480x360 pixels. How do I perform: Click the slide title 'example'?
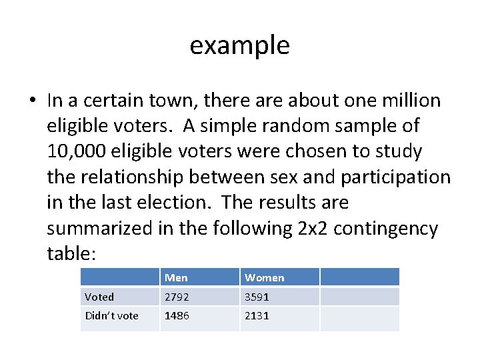pyautogui.click(x=239, y=45)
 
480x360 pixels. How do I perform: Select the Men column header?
pyautogui.click(x=176, y=277)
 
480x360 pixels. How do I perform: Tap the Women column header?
pyautogui.click(x=264, y=277)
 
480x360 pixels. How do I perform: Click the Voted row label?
pyautogui.click(x=99, y=297)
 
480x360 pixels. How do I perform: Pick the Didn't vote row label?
pyautogui.click(x=111, y=316)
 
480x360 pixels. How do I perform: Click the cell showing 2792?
pyautogui.click(x=177, y=297)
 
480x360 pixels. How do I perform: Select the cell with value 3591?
pyautogui.click(x=257, y=297)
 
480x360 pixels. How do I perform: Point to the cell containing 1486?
pyautogui.click(x=177, y=316)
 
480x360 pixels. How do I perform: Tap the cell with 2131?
pyautogui.click(x=257, y=316)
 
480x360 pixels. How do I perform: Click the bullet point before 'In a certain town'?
pyautogui.click(x=32, y=101)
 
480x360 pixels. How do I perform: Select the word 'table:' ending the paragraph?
pyautogui.click(x=72, y=254)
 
